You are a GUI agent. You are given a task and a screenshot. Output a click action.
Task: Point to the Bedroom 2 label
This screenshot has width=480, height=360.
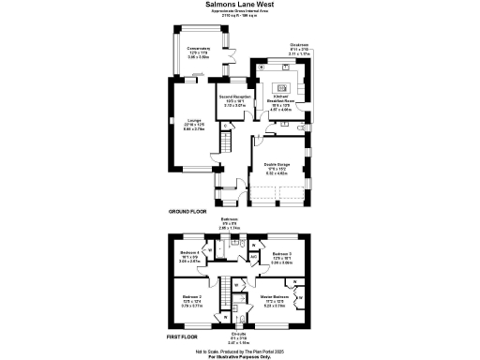click(x=193, y=296)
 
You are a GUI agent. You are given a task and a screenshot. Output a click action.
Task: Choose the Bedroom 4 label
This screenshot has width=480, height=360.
click(x=191, y=253)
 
